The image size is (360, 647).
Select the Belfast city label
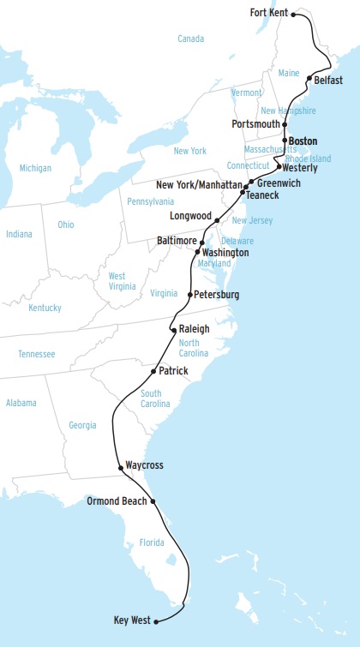click(x=329, y=80)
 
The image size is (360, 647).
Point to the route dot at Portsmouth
click(x=285, y=124)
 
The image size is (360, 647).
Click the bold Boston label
click(x=303, y=141)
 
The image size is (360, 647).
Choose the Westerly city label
click(x=299, y=168)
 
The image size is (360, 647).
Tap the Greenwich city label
click(x=279, y=183)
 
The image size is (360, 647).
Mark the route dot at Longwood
click(x=218, y=220)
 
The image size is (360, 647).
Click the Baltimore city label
click(x=176, y=241)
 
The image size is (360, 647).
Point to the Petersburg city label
click(x=217, y=295)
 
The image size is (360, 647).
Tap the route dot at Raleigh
click(x=174, y=330)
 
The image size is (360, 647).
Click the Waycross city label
click(x=144, y=465)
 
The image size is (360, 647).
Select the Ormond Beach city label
click(x=117, y=500)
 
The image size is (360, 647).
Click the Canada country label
click(x=190, y=39)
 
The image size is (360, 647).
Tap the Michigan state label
click(x=35, y=168)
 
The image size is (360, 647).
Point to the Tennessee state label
click(x=36, y=354)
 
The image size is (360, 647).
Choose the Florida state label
click(x=151, y=542)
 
